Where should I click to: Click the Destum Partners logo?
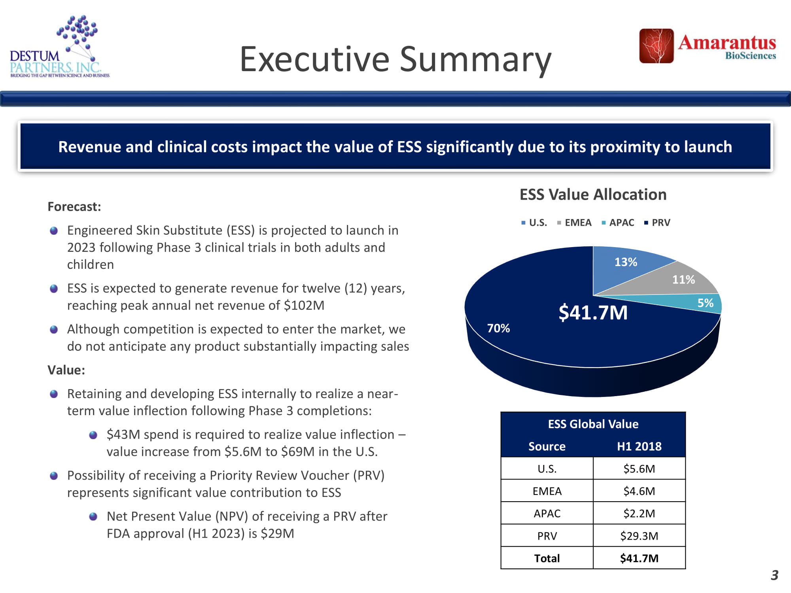point(59,47)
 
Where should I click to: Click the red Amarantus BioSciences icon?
point(657,46)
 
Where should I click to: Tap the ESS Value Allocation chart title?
point(593,195)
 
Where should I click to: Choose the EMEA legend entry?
point(574,223)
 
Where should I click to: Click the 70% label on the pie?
point(498,328)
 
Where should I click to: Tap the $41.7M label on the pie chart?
point(593,313)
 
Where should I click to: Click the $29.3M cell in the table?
point(639,536)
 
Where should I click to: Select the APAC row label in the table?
point(547,513)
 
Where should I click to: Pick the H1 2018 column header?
point(639,446)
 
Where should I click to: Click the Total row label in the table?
point(547,558)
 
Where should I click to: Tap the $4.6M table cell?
point(639,491)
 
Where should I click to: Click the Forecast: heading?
point(74,207)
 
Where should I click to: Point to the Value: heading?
point(66,370)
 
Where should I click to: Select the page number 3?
point(774,575)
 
